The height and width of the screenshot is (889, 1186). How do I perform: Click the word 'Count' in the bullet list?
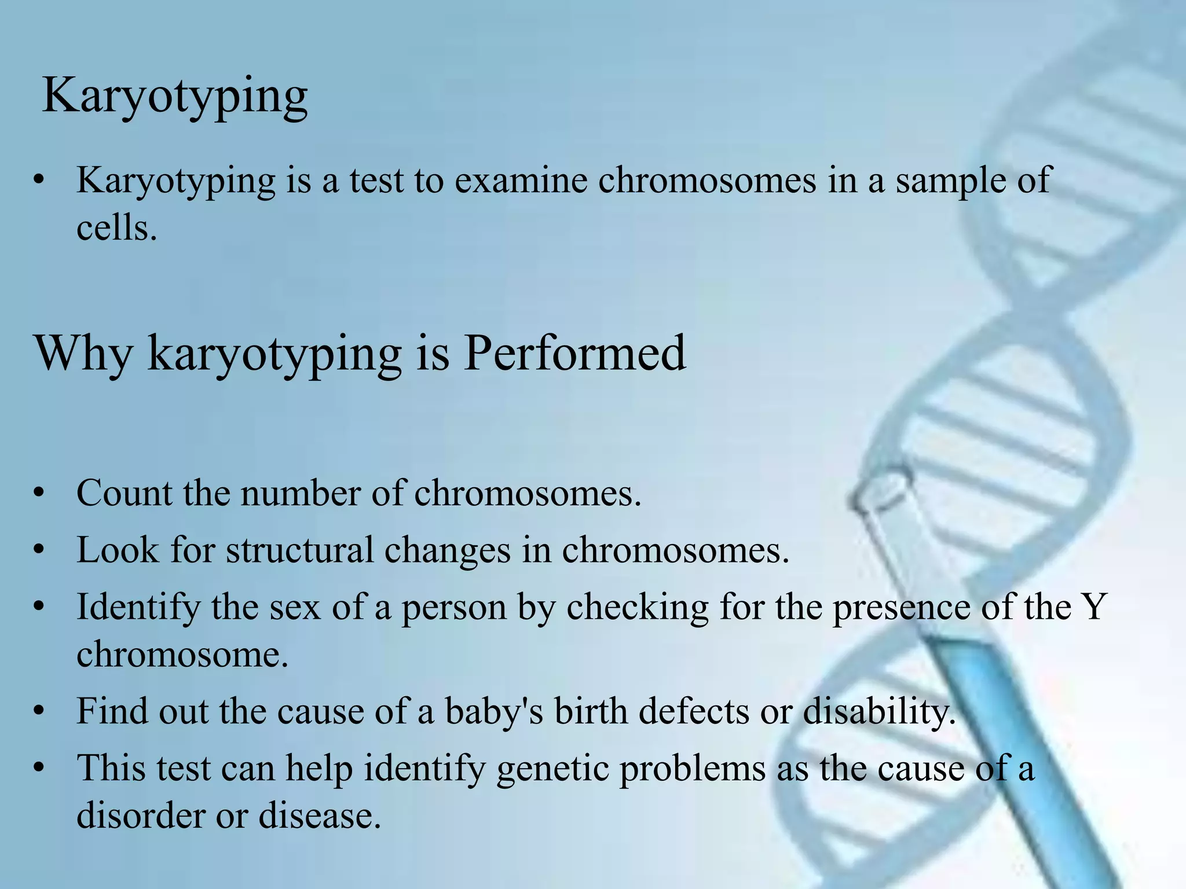(124, 493)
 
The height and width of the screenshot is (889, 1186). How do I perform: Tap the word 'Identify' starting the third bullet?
(137, 608)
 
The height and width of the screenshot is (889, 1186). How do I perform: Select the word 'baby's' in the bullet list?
(494, 711)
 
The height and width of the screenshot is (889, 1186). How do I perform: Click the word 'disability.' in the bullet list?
(879, 712)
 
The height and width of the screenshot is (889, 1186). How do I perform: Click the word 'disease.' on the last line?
(320, 816)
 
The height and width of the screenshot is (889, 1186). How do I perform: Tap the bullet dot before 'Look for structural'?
(39, 550)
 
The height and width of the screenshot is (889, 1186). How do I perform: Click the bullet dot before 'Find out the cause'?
(39, 711)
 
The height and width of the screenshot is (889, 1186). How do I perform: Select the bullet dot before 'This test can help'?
(39, 769)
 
